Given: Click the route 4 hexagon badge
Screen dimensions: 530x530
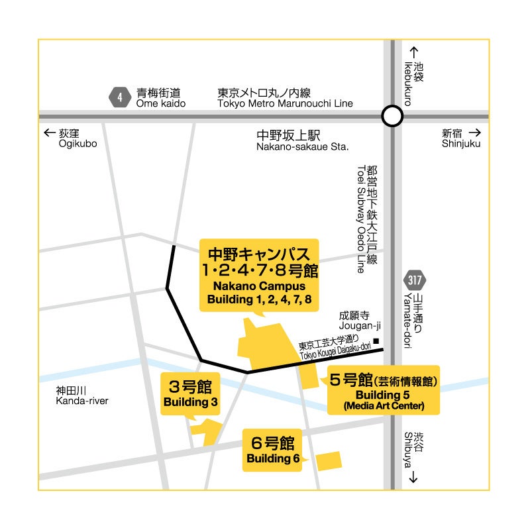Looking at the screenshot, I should click(119, 98).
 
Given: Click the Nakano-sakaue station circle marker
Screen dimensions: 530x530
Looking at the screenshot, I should click(392, 117).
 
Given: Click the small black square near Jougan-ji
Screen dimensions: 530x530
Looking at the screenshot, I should click(376, 342).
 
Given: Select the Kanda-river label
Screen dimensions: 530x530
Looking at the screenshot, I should click(81, 396).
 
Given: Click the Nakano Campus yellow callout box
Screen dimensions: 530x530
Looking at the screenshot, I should click(259, 274).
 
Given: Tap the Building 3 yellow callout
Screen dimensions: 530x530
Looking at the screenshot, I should click(191, 394).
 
